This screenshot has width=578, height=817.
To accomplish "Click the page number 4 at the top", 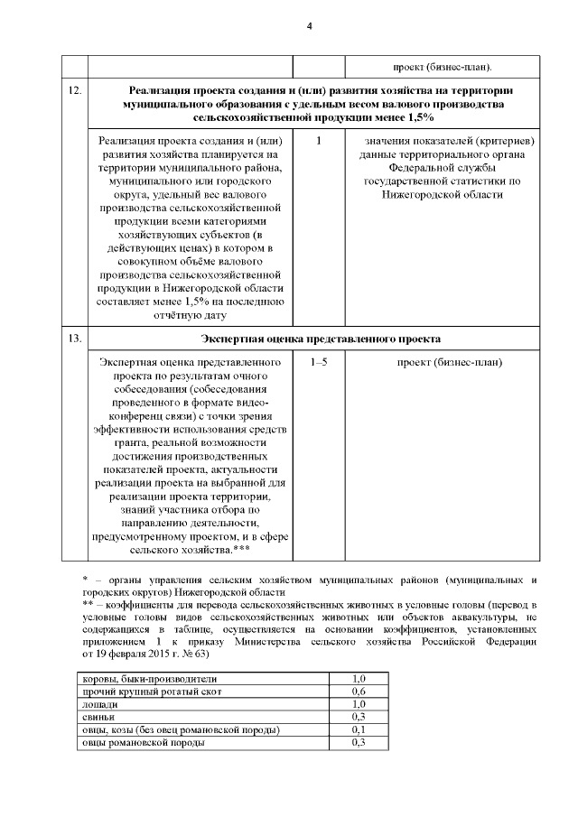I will click(x=309, y=25).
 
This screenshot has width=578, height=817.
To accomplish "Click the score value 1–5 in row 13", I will click(x=319, y=362).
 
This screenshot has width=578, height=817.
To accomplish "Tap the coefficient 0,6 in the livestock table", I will click(x=358, y=692).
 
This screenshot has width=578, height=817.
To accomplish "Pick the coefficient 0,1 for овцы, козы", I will click(x=358, y=729).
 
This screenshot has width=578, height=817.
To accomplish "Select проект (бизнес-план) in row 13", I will click(x=450, y=362).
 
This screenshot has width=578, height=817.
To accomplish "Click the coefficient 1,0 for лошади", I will click(x=358, y=704).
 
